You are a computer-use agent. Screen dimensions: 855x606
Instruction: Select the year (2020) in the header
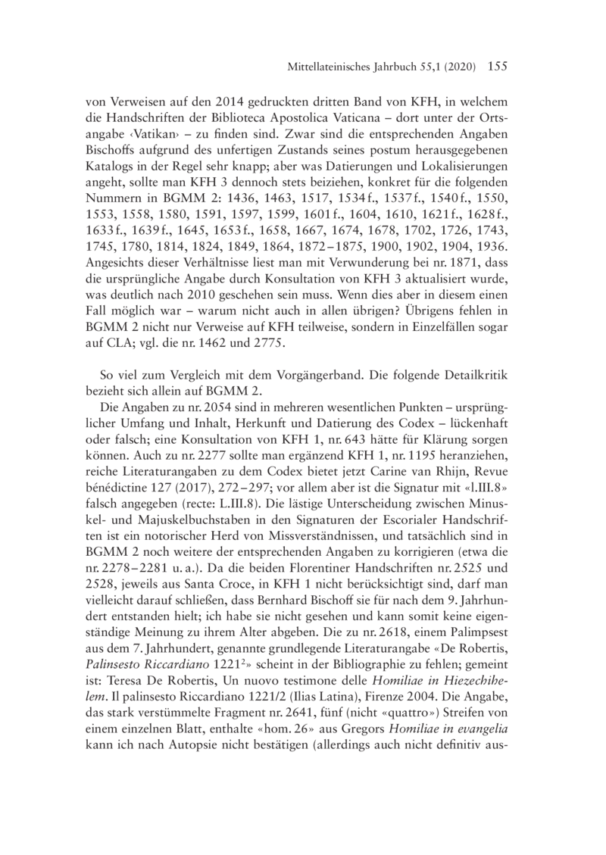click(x=457, y=67)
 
